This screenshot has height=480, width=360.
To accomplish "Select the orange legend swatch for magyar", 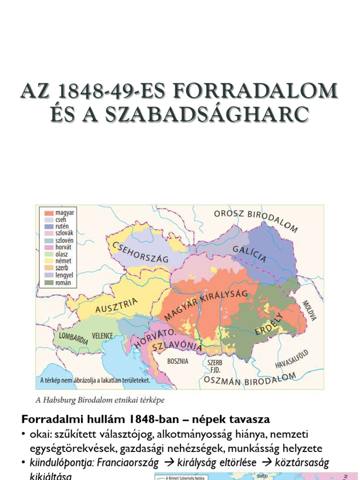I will (47, 212).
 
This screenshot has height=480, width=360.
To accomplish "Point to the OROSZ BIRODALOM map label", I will (256, 221).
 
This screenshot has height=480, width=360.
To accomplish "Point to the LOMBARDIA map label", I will (73, 337).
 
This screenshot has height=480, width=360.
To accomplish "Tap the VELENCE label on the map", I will (102, 336).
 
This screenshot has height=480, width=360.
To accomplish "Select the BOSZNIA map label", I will (178, 361).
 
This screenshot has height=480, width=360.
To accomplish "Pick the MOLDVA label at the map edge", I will (309, 311).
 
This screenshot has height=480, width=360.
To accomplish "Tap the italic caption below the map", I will (100, 400).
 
